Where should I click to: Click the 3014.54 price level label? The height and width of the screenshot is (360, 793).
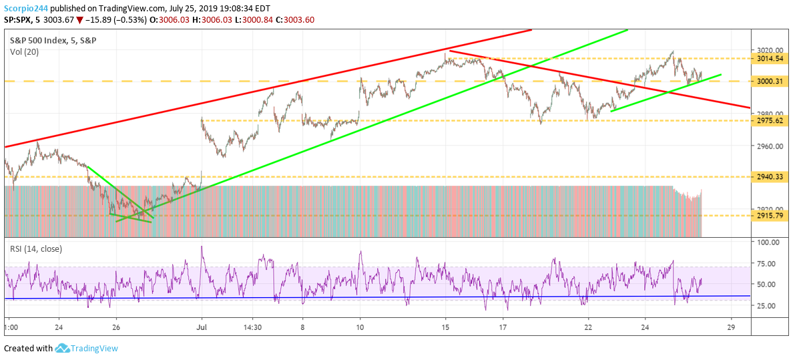(769, 59)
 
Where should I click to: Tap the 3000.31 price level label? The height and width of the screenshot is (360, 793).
(769, 81)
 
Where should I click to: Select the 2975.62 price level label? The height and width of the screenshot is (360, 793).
(769, 120)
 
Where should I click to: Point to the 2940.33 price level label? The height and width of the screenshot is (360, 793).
(769, 177)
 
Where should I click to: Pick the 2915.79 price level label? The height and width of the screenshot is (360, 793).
(769, 216)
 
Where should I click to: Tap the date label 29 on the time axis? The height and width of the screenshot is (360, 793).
(731, 328)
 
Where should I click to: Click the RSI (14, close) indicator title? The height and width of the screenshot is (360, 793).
(36, 249)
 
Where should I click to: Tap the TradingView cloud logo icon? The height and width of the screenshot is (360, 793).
(63, 348)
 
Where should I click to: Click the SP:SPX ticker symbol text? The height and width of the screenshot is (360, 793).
(19, 20)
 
